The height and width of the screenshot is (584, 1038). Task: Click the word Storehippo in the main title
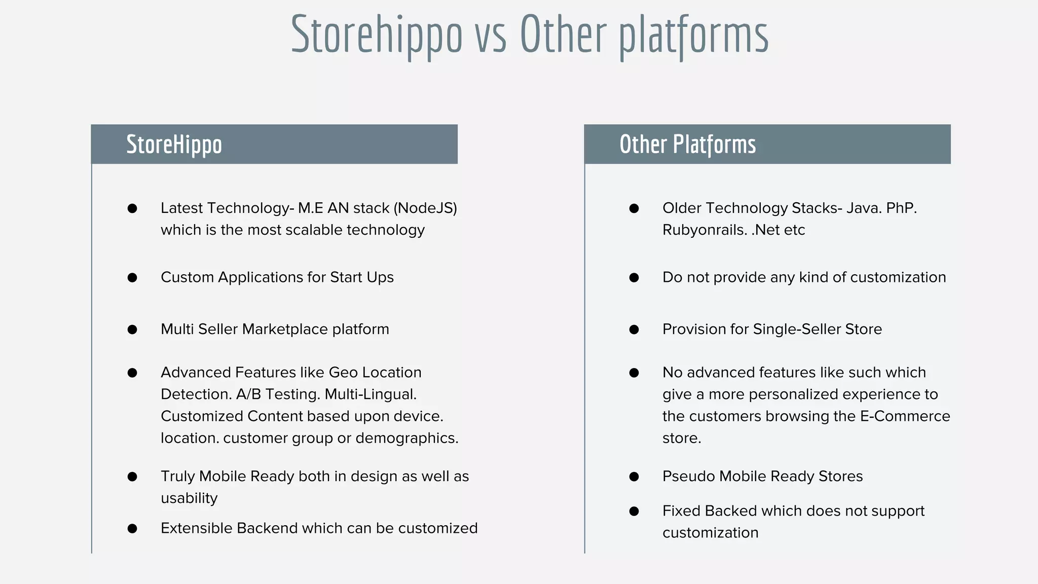point(377,34)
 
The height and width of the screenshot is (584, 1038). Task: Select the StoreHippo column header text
point(174,144)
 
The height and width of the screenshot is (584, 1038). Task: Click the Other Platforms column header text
point(687,144)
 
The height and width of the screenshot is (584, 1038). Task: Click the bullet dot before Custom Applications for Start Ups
point(132,277)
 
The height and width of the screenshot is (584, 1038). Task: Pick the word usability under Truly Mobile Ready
point(189,498)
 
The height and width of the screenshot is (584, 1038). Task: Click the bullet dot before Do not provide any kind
point(634,277)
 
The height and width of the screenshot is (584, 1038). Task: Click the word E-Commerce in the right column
point(905,416)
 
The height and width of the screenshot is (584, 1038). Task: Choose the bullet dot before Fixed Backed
point(634,511)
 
